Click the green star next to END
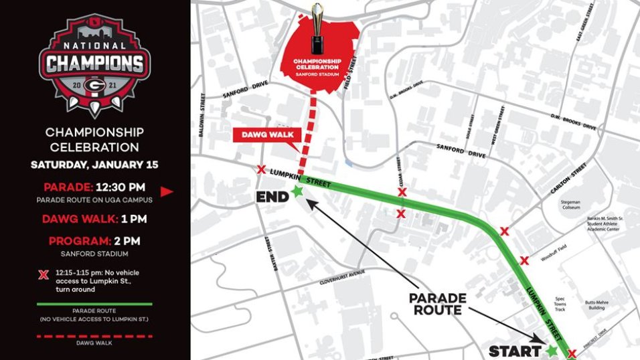[x=298, y=193]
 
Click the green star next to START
[x=552, y=350]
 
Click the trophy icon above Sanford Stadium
[x=318, y=29]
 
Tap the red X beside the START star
[x=571, y=353]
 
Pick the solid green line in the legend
[x=94, y=304]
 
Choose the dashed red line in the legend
[x=94, y=335]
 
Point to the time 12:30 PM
[x=118, y=187]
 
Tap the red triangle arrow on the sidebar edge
[x=167, y=191]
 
